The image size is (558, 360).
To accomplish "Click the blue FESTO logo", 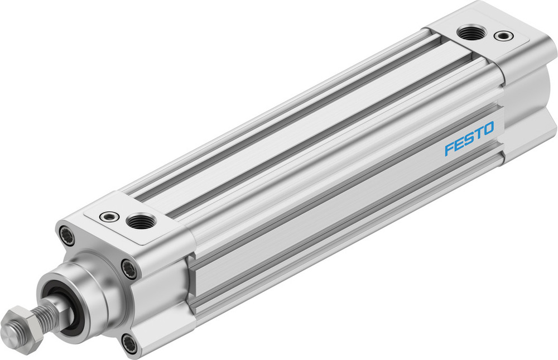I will click(469, 140).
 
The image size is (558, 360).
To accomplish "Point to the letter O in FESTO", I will click(487, 129).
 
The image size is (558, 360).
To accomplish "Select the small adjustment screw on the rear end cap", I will click(504, 36).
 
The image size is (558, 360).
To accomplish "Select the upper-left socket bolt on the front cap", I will click(67, 236).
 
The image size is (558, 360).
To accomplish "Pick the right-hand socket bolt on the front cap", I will click(130, 270).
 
